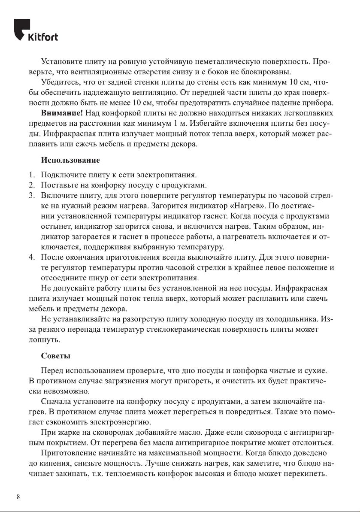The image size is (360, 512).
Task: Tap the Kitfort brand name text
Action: [43, 37]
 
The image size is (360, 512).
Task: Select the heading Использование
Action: [70, 161]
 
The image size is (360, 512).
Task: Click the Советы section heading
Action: [56, 356]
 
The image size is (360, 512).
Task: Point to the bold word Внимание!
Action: [62, 113]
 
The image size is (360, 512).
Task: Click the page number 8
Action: [18, 497]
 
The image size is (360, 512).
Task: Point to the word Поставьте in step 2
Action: [58, 185]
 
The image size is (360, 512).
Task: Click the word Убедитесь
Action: [60, 82]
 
